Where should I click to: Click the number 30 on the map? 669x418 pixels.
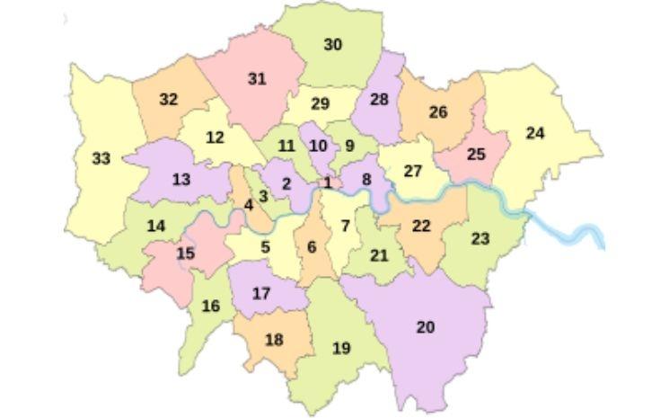pos(332,44)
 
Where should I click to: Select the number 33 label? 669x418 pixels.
pos(101,159)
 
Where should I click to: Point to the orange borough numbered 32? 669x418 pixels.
pos(168,100)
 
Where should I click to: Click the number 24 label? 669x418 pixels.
pos(535,133)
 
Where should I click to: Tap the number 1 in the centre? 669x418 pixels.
pos(328,182)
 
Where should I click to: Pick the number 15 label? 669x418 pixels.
pos(185,253)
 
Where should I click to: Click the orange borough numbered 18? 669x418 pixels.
pos(274,340)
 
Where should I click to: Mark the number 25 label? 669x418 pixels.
pos(476,155)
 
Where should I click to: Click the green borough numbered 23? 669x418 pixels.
pos(480,238)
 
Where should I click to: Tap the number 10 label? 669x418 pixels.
pos(317,146)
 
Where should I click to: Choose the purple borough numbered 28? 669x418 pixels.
pos(379,99)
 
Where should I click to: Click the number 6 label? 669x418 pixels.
pos(312,247)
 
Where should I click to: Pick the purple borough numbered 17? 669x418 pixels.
pos(261,293)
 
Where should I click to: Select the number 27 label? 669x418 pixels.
pos(412,171)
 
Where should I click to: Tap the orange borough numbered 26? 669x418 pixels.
pos(437,112)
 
